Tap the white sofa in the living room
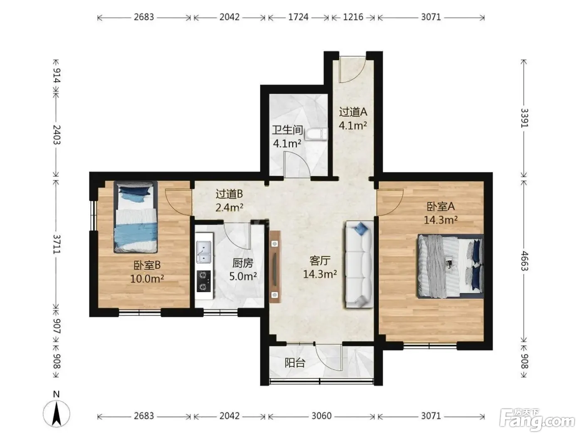tap(359, 265)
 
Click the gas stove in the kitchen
tap(204, 281)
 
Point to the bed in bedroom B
tap(136, 217)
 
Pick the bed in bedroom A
tap(450, 266)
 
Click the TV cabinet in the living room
tap(275, 267)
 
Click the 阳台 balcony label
tap(295, 363)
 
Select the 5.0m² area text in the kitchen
tap(243, 276)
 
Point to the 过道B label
tap(229, 194)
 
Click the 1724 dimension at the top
tap(298, 17)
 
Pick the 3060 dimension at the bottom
tap(322, 416)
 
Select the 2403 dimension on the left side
tap(57, 135)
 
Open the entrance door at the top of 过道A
tap(353, 69)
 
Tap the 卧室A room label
tap(441, 207)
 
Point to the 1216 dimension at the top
tap(353, 17)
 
